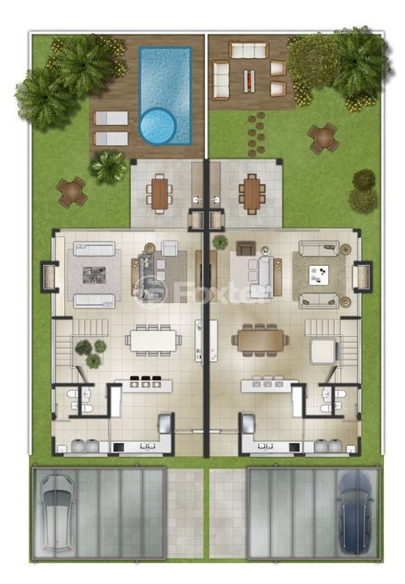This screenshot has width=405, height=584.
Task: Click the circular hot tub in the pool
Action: pyautogui.click(x=158, y=127)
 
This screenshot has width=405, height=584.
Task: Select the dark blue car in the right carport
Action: pyautogui.click(x=356, y=512)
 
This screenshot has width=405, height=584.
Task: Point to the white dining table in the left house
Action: pyautogui.click(x=154, y=340)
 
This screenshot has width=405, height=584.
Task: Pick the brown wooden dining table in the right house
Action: pyautogui.click(x=261, y=340)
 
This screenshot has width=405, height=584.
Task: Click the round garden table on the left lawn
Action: pyautogui.click(x=72, y=192)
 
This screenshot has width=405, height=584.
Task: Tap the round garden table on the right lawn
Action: pyautogui.click(x=323, y=138)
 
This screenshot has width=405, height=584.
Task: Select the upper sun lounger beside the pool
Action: pyautogui.click(x=111, y=118)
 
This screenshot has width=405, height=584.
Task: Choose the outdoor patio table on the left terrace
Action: pyautogui.click(x=159, y=193)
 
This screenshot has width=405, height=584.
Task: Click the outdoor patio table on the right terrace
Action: pyautogui.click(x=252, y=193)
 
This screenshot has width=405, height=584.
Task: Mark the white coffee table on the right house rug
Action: pyautogui.click(x=319, y=275)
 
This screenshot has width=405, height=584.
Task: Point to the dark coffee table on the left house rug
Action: pyautogui.click(x=94, y=275)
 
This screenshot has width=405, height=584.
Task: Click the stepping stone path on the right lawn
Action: pyautogui.click(x=256, y=133)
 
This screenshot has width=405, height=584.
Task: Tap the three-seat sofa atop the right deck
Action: pyautogui.click(x=249, y=51)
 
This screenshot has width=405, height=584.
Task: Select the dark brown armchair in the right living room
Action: pyautogui.click(x=246, y=248)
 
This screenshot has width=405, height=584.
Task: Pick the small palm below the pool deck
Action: pyautogui.click(x=109, y=167)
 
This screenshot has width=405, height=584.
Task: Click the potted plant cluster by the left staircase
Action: pyautogui.click(x=90, y=353)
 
